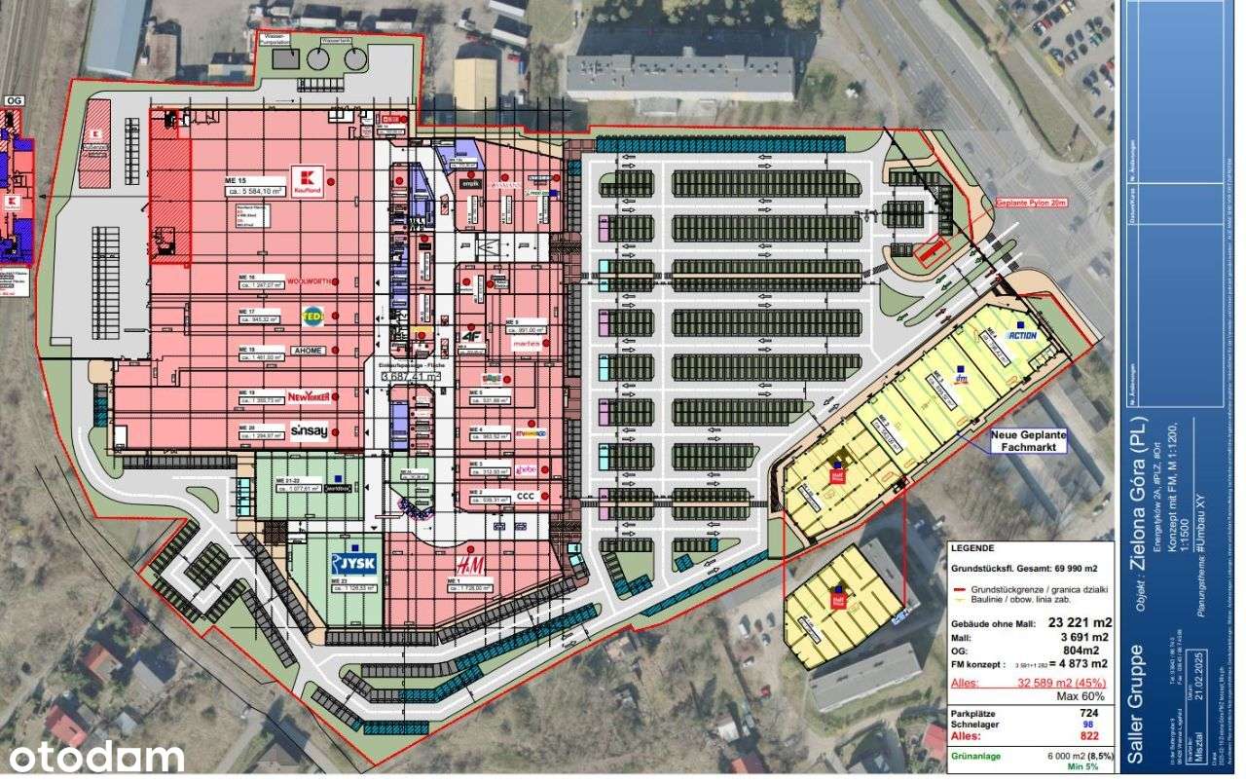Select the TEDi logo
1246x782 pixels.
coord(311,316)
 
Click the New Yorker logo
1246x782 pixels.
coord(310,396)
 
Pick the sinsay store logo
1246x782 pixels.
coord(309,431)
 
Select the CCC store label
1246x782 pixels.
coord(526,496)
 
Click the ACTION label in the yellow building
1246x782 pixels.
coord(1022,336)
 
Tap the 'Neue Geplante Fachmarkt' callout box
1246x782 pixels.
coord(1028,441)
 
